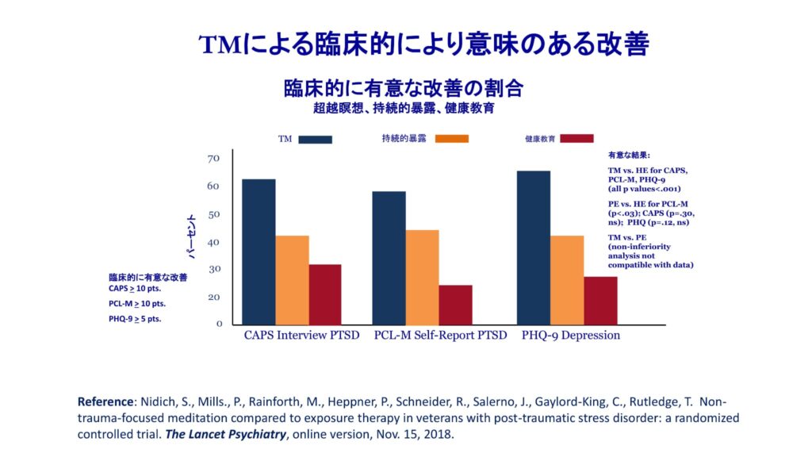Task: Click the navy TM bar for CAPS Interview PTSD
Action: [259, 252]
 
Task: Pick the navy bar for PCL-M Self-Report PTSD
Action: [389, 257]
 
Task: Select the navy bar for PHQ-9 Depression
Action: [533, 247]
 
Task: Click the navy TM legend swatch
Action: [316, 139]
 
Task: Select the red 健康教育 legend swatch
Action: [576, 139]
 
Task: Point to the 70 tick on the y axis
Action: [213, 159]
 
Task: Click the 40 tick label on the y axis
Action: [213, 242]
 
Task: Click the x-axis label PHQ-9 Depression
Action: [570, 336]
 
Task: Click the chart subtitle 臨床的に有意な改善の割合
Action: [405, 87]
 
